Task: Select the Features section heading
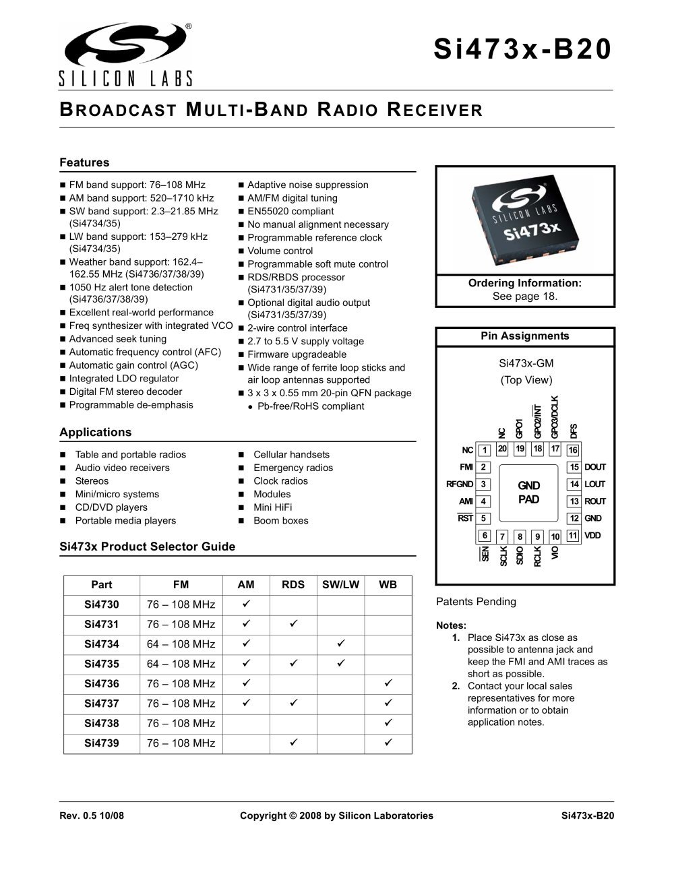click(x=84, y=162)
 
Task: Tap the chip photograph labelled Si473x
click(x=525, y=220)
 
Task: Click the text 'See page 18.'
click(x=525, y=296)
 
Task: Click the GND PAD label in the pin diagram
click(x=528, y=493)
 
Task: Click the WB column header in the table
click(x=388, y=585)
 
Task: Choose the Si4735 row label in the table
click(x=102, y=664)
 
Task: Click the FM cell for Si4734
click(x=181, y=644)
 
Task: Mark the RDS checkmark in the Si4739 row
click(x=293, y=743)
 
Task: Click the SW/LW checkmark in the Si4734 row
click(x=340, y=644)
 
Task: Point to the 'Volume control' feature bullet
click(x=280, y=251)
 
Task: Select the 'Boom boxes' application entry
click(x=280, y=520)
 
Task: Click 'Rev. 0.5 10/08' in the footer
click(x=92, y=815)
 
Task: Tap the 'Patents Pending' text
click(x=476, y=602)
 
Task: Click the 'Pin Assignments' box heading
click(x=525, y=336)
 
